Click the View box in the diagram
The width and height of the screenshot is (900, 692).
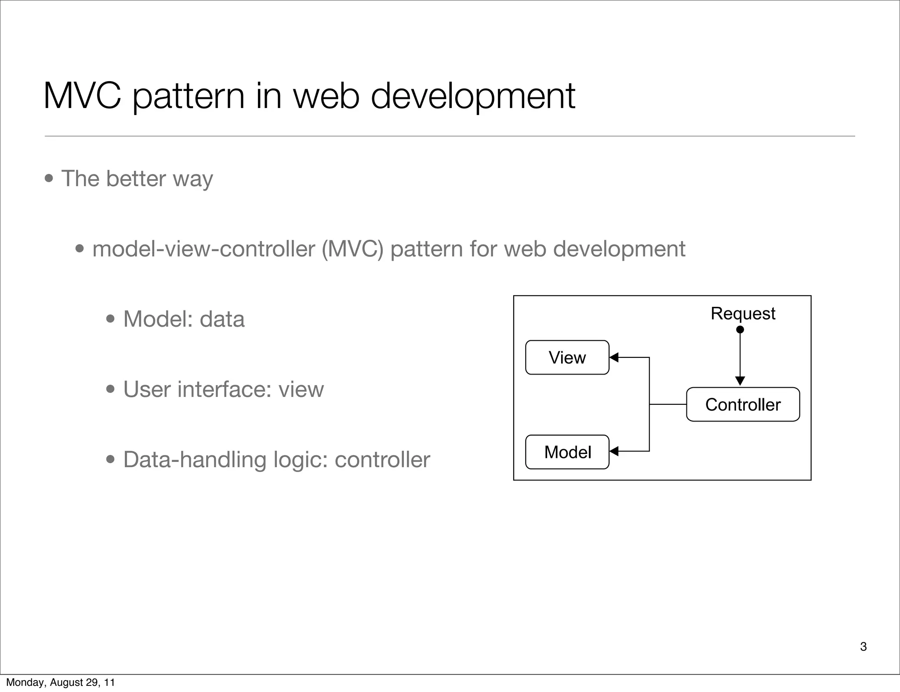click(567, 357)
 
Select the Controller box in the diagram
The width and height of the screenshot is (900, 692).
click(743, 404)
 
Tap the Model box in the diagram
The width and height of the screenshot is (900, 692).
click(567, 452)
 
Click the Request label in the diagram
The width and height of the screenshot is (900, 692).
click(743, 314)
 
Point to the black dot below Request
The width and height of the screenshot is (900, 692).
click(740, 330)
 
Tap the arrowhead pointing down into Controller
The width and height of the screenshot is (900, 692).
click(740, 381)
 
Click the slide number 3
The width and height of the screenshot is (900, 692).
click(863, 646)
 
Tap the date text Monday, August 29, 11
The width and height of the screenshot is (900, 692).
click(60, 682)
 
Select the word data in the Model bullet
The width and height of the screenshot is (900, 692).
click(222, 319)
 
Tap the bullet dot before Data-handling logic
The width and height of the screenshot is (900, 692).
click(111, 460)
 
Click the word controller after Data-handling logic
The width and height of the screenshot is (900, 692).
click(382, 460)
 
